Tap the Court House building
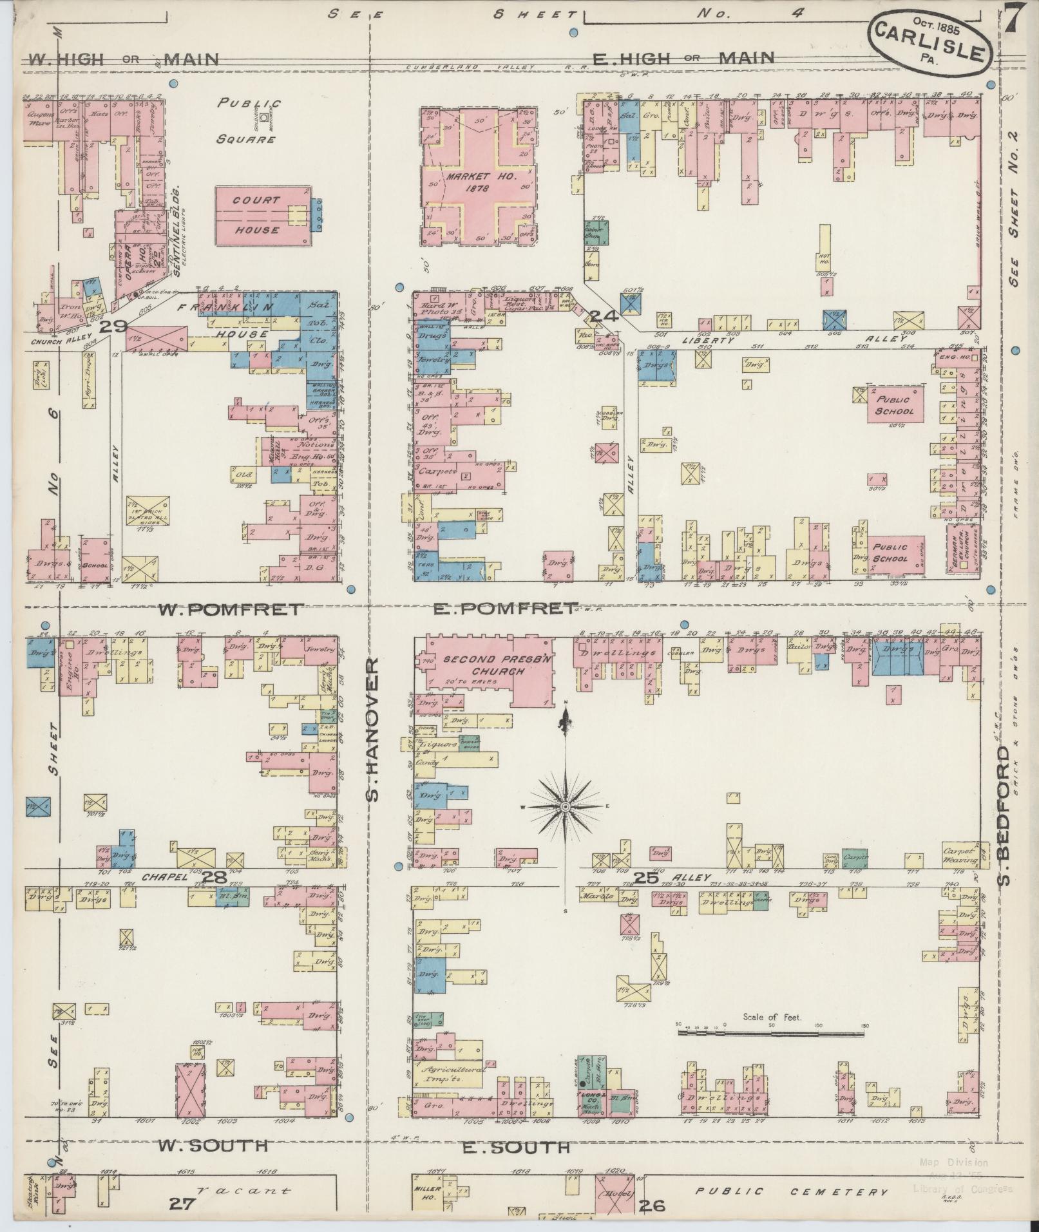point(256,216)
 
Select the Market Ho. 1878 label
point(477,182)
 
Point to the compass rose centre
point(565,807)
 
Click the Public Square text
point(248,120)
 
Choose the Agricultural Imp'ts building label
point(452,1072)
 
